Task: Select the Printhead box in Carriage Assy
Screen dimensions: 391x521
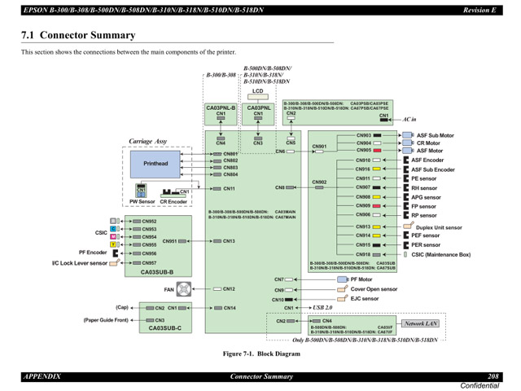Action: point(155,164)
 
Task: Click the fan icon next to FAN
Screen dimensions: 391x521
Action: point(185,289)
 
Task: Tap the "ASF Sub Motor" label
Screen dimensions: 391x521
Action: point(436,135)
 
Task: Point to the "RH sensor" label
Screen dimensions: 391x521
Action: point(423,187)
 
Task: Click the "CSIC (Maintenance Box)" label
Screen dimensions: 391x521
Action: point(440,254)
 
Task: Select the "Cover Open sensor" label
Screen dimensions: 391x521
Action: point(374,289)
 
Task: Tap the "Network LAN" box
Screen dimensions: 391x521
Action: point(421,323)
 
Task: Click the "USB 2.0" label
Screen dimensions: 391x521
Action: point(323,308)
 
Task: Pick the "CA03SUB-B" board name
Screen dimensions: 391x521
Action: point(157,272)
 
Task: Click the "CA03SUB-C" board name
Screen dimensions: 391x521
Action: point(164,328)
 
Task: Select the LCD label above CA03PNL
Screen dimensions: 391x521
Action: point(258,91)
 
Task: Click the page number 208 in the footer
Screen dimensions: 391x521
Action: point(493,376)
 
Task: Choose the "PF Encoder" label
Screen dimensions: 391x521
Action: point(94,253)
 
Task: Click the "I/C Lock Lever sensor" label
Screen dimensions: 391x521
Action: point(80,263)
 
